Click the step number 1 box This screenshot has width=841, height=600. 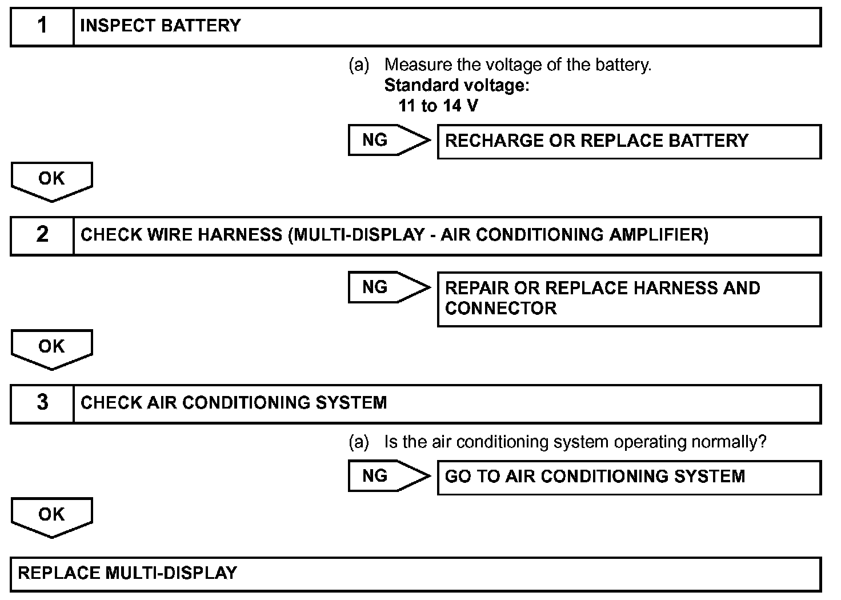click(x=42, y=26)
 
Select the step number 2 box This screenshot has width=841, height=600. click(x=42, y=235)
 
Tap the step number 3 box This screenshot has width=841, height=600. click(x=42, y=403)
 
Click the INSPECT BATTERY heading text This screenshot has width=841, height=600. click(x=161, y=26)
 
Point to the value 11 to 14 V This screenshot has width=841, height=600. click(x=438, y=106)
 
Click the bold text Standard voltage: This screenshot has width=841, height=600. click(x=456, y=86)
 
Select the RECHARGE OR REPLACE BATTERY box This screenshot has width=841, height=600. click(x=628, y=141)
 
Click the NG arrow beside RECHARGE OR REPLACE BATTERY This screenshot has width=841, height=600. click(x=389, y=140)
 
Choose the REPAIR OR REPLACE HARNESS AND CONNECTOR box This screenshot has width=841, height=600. click(x=628, y=299)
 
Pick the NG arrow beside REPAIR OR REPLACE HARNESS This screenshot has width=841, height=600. click(x=389, y=287)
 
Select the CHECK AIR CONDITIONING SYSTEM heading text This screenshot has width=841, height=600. click(x=234, y=403)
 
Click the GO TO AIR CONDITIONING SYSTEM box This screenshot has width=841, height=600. click(x=628, y=477)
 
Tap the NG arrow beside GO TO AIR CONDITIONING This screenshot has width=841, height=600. click(x=389, y=476)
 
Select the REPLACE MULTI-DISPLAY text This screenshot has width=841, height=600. click(x=127, y=573)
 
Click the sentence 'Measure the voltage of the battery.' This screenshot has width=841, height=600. click(x=518, y=65)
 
